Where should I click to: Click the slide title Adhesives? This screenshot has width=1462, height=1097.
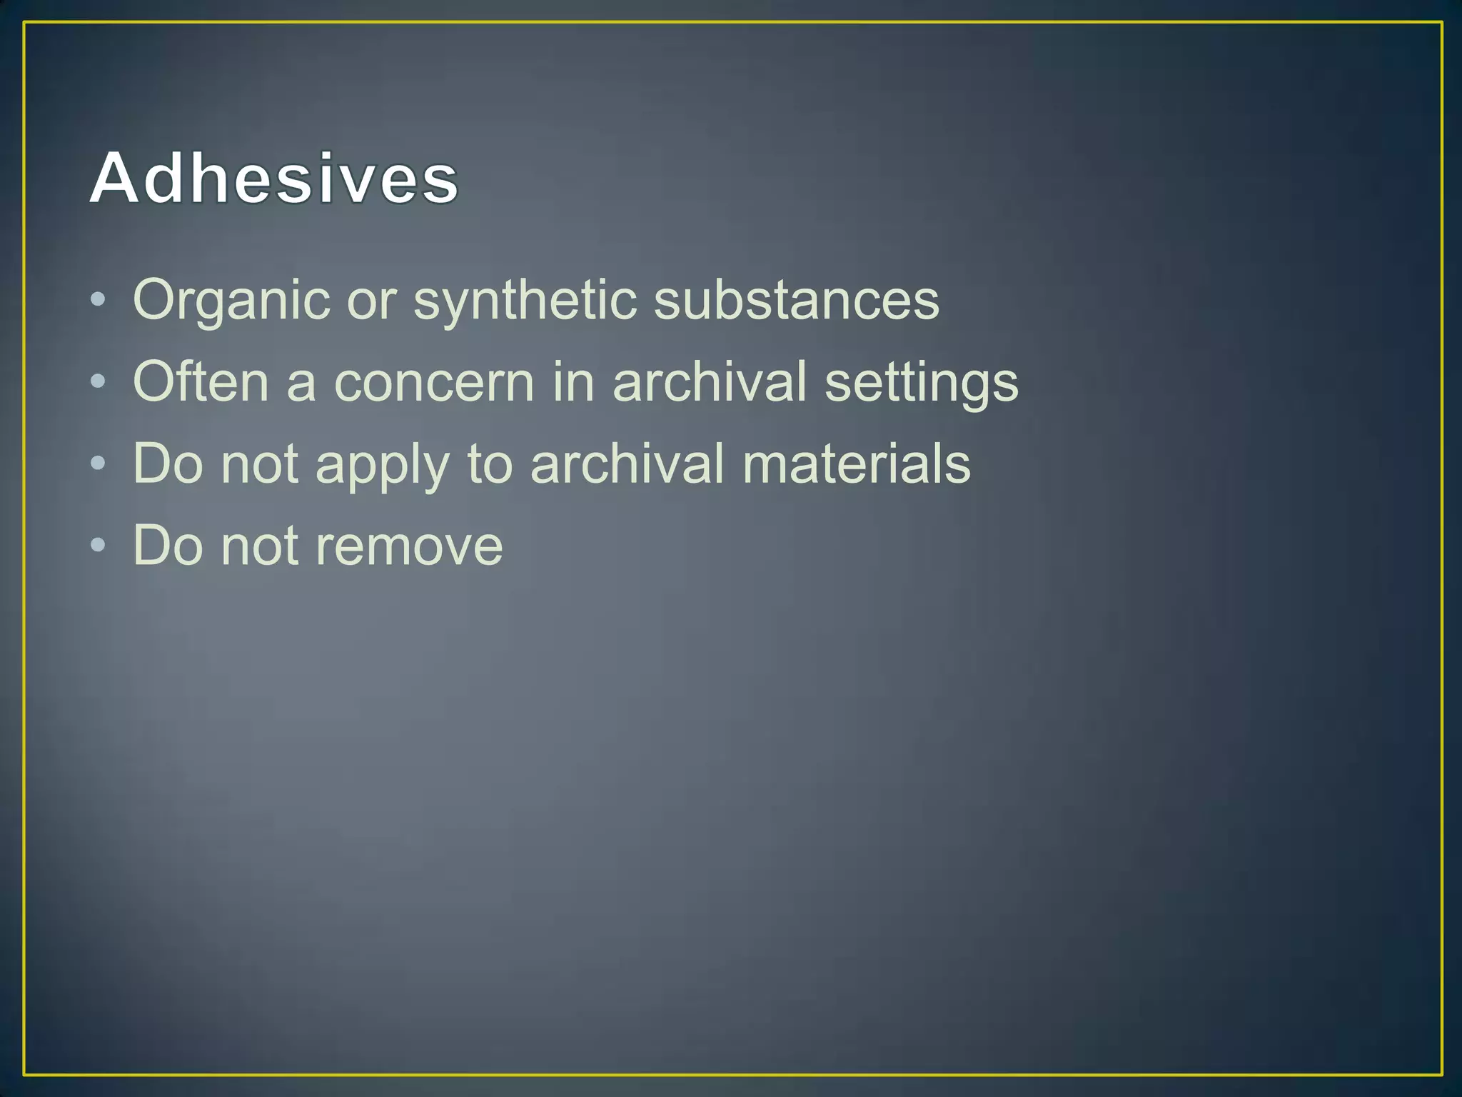point(274,179)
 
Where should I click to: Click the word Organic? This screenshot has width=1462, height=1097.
point(231,300)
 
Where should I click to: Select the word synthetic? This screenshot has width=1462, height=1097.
point(525,300)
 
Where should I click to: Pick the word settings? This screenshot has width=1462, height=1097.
point(921,383)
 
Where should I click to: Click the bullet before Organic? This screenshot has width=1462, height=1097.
point(99,300)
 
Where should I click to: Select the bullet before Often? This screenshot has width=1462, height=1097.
point(99,381)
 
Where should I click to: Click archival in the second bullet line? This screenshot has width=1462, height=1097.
point(709,381)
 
